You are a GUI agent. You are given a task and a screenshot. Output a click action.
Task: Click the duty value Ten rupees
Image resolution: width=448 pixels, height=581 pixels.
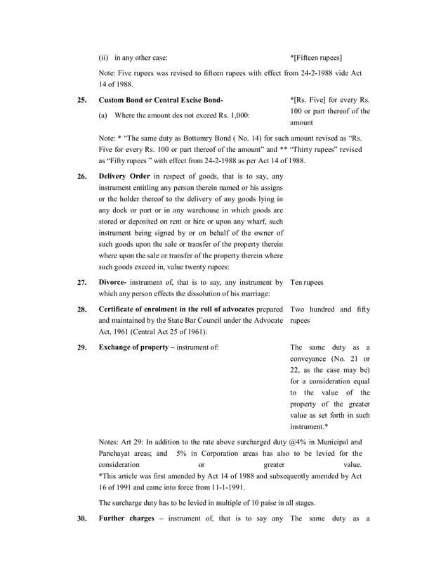coord(306,282)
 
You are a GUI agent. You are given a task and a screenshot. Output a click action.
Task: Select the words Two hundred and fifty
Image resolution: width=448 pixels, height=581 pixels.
coord(330,309)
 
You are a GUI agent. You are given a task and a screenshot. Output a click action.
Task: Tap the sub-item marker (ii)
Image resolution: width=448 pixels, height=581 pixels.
coord(103,57)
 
